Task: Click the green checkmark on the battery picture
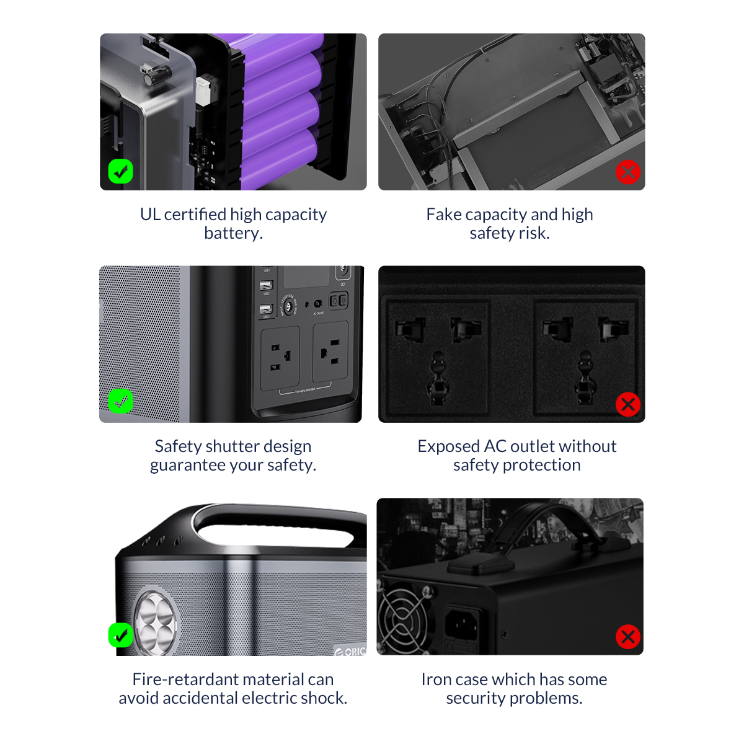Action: click(120, 171)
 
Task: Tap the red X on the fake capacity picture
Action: click(628, 172)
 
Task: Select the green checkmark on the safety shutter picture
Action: click(120, 401)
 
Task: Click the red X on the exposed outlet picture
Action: click(628, 404)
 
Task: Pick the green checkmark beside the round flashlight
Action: click(120, 635)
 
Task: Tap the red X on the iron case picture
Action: click(628, 637)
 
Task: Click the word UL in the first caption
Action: click(150, 215)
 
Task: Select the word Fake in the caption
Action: click(444, 215)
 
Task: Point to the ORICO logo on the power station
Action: click(350, 652)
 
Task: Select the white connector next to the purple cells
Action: click(203, 92)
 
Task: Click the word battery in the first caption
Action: click(233, 234)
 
